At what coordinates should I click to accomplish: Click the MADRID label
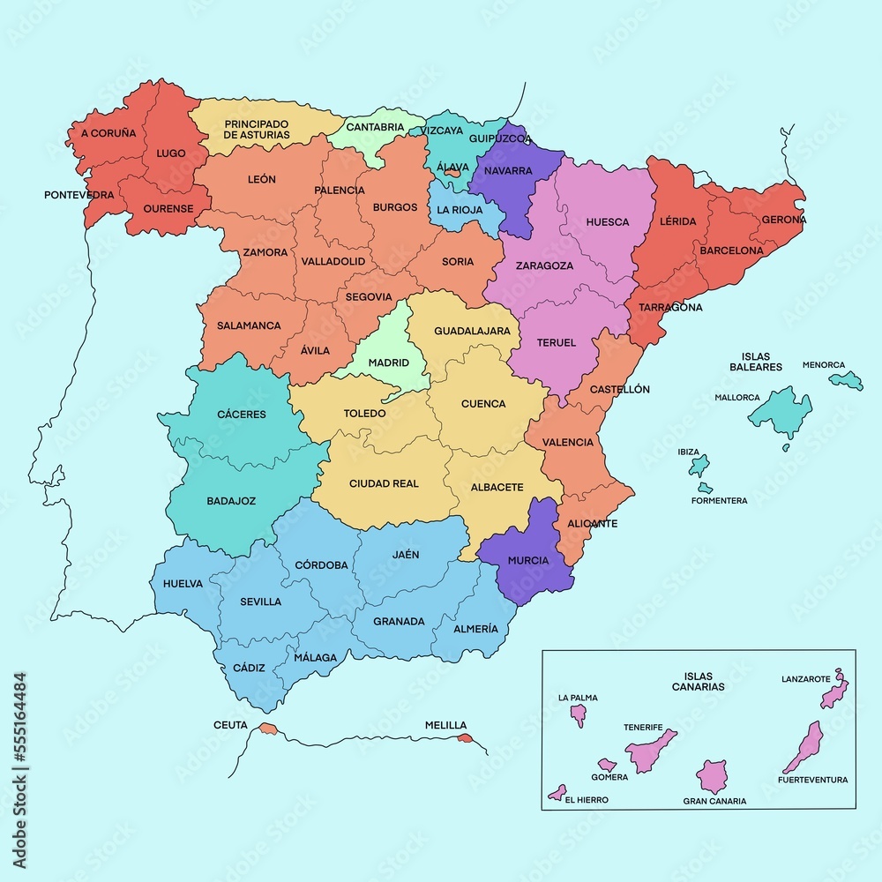[x=388, y=363]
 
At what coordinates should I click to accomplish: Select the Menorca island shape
[x=848, y=380]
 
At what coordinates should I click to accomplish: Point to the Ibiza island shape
[x=699, y=465]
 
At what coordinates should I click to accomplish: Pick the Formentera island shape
[x=704, y=487]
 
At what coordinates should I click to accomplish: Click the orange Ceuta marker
[x=267, y=729]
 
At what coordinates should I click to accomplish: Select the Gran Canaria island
[x=712, y=776]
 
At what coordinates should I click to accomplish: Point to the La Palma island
[x=579, y=713]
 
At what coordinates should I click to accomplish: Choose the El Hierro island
[x=557, y=791]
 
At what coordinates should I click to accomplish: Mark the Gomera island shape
[x=607, y=765]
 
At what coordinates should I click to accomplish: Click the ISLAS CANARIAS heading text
[x=698, y=681]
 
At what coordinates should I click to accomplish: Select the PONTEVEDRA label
[x=78, y=194]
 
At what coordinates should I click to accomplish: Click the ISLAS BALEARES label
[x=756, y=362]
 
